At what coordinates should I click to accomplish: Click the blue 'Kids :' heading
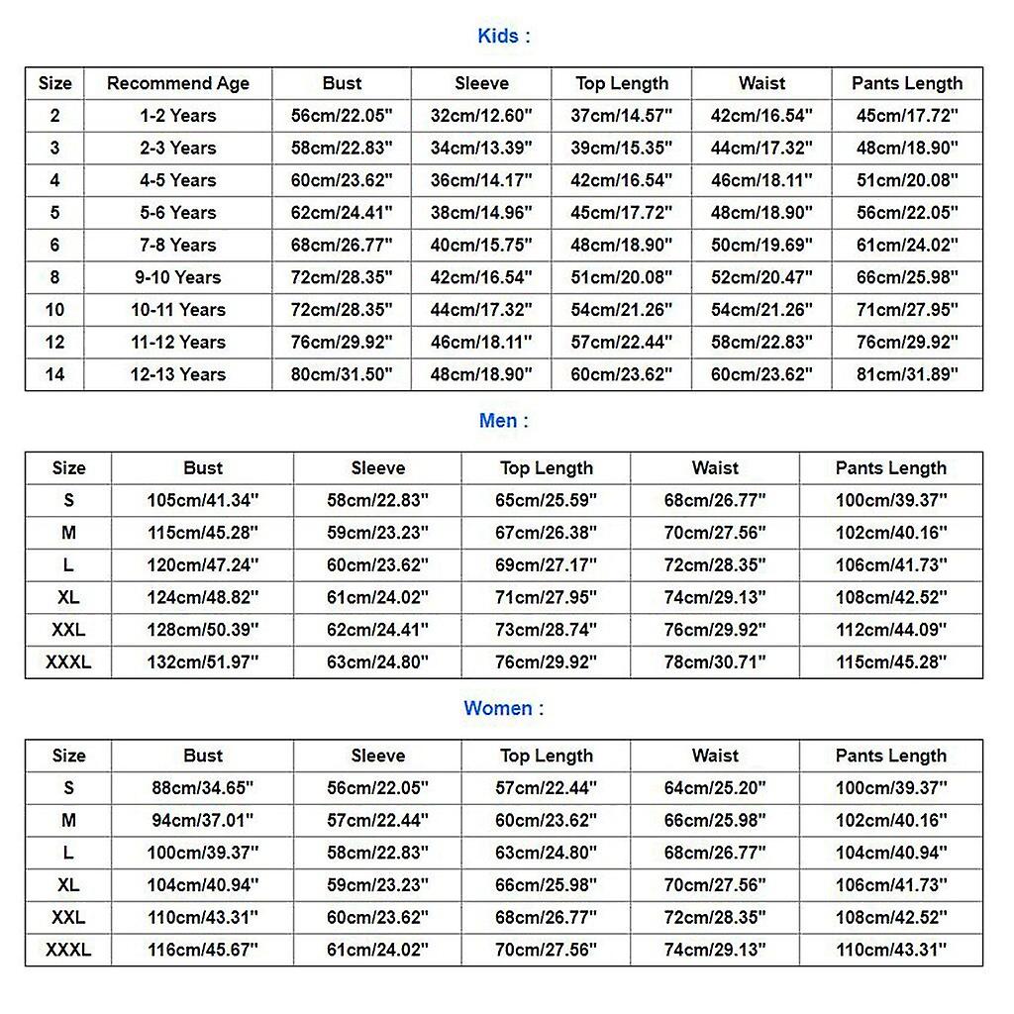[x=504, y=37]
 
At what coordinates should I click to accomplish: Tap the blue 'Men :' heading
[x=504, y=421]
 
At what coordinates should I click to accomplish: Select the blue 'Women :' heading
[x=504, y=708]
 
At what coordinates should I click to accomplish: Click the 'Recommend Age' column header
[x=178, y=83]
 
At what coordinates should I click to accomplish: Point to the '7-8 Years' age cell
[x=178, y=245]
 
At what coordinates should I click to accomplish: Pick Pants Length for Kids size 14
[x=907, y=374]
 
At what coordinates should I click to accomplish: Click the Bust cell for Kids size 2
[x=342, y=116]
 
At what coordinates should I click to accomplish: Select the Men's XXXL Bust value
[x=203, y=662]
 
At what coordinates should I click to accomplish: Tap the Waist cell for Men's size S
[x=715, y=500]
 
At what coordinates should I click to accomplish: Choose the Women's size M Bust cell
[x=203, y=820]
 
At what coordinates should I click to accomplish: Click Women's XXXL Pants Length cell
[x=891, y=950]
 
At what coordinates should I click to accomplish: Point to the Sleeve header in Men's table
[x=377, y=468]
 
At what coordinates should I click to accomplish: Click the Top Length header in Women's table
[x=547, y=756]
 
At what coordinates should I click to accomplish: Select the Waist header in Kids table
[x=761, y=83]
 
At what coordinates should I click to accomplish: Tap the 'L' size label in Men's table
[x=68, y=565]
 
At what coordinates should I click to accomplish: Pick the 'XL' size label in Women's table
[x=68, y=885]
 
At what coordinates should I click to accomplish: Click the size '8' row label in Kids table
[x=54, y=277]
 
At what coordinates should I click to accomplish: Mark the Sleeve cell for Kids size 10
[x=481, y=310]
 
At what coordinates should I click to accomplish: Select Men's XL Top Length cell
[x=547, y=598]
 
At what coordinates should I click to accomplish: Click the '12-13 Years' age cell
[x=178, y=374]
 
